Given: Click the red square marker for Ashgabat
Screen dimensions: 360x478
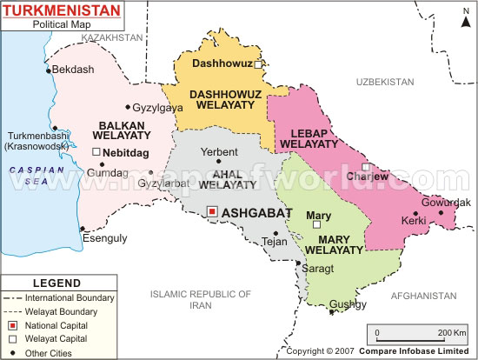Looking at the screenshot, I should (212, 211).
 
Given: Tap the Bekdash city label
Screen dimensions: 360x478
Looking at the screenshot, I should (72, 69).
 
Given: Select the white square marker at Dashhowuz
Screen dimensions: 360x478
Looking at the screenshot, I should (258, 63).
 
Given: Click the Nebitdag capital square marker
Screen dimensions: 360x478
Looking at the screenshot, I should (96, 152).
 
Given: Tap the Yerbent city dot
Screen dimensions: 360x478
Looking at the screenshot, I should (219, 162).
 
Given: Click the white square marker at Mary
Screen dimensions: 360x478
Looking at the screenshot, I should (317, 224).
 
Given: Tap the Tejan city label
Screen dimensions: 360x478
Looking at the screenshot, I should (275, 243).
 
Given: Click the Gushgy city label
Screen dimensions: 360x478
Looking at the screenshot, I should (348, 303).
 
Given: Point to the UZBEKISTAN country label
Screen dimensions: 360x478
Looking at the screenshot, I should (385, 81).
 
